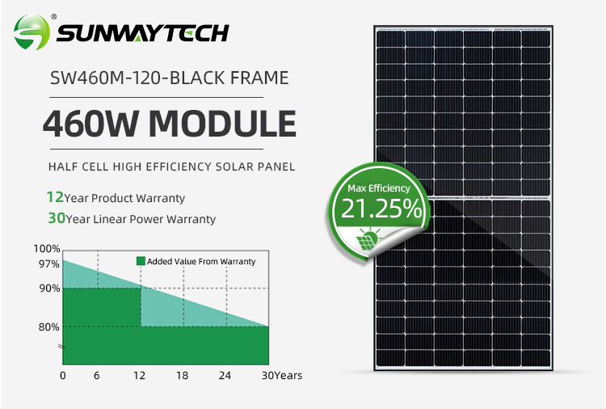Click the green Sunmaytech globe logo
(x=32, y=32)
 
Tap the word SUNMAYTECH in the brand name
(x=143, y=33)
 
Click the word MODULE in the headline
(x=223, y=124)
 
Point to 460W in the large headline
(x=90, y=124)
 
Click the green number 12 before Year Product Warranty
(x=55, y=197)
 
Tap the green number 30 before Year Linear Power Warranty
(x=57, y=218)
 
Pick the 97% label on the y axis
(x=49, y=264)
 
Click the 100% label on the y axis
(x=47, y=249)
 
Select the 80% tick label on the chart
(x=49, y=327)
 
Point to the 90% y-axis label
(x=49, y=289)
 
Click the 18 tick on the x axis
(x=182, y=375)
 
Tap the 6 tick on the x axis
(x=97, y=375)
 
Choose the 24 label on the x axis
(x=225, y=375)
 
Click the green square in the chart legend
(x=141, y=261)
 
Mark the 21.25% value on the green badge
(x=381, y=209)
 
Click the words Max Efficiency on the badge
(x=379, y=188)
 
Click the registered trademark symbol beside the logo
(x=53, y=17)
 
